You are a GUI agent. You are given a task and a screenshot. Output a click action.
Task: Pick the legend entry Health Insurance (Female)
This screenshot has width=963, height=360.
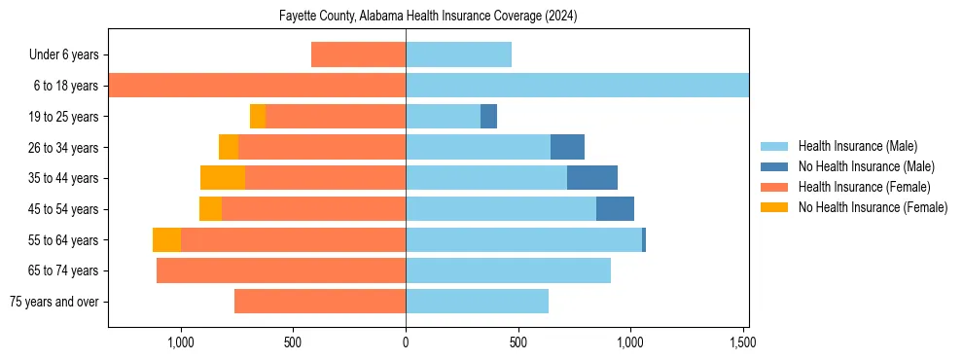[x=864, y=187]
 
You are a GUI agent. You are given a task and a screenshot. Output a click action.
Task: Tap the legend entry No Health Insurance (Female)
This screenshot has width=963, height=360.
[x=873, y=207]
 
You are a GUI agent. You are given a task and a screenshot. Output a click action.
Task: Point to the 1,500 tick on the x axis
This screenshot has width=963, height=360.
[x=742, y=342]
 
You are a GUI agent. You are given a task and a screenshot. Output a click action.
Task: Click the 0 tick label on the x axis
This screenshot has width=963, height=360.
[x=406, y=342]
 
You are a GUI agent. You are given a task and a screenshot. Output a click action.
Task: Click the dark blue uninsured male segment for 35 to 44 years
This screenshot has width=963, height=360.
[x=592, y=178]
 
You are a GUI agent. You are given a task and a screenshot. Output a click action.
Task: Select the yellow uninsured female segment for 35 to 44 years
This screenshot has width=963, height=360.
[x=223, y=178]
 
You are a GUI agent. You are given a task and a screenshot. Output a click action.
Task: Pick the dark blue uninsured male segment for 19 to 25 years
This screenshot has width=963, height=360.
[x=488, y=117]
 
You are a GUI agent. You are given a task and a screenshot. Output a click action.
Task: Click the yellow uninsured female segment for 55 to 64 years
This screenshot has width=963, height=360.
[x=166, y=240]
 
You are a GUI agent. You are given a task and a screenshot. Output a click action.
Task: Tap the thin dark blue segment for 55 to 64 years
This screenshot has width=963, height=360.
[x=644, y=240]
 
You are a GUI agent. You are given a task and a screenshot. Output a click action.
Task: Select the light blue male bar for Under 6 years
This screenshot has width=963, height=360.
[x=458, y=55]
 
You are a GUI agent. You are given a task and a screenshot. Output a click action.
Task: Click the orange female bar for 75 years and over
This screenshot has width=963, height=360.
[x=320, y=302]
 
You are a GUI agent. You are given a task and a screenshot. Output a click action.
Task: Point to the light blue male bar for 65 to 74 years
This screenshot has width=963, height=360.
[x=508, y=270]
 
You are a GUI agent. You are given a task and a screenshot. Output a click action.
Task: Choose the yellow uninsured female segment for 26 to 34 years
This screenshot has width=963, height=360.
[x=229, y=147]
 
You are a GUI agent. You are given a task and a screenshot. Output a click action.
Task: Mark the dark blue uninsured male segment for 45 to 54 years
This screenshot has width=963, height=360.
[x=615, y=209]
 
